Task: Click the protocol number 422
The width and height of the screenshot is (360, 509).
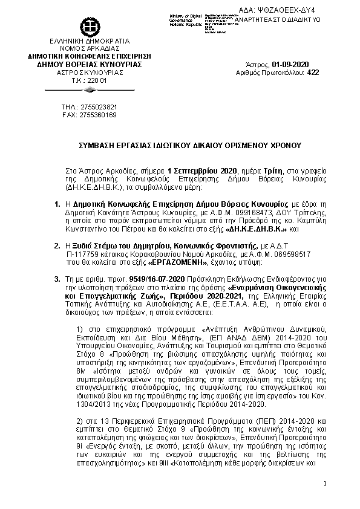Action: [x=313, y=72]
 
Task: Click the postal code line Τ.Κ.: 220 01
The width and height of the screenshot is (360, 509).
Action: [x=90, y=80]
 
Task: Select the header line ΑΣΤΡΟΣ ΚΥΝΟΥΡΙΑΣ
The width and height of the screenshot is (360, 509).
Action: [x=90, y=72]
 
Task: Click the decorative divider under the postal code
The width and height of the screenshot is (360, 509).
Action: [x=90, y=89]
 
